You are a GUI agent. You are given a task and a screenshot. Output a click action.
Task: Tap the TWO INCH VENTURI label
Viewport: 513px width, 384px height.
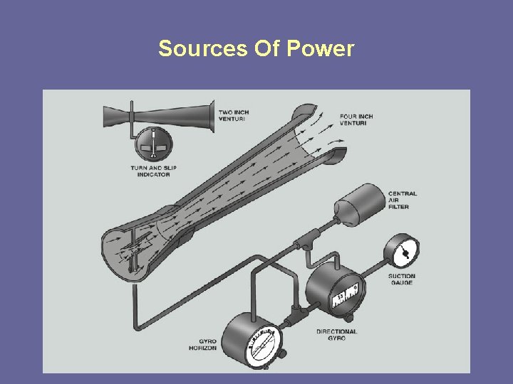click(234, 115)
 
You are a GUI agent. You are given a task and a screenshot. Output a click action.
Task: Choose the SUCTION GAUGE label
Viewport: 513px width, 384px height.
click(402, 279)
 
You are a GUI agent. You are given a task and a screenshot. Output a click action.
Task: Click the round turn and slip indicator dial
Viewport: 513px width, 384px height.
click(153, 142)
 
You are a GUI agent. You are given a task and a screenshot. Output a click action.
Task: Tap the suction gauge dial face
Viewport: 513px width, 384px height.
click(402, 252)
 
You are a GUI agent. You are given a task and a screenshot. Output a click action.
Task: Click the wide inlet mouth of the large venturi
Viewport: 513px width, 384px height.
click(128, 252)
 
